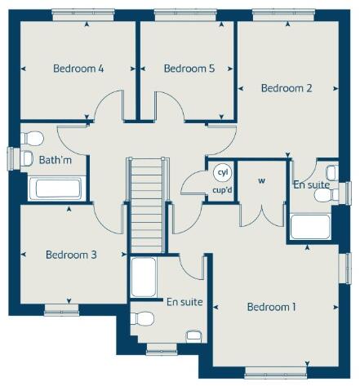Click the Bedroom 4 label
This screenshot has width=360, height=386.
(78, 69)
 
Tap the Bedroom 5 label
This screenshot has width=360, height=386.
(189, 69)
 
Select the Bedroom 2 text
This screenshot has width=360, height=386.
(287, 88)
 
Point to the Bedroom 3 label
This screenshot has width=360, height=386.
(71, 255)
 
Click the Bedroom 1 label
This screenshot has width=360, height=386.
(272, 307)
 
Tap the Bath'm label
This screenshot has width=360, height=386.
(55, 161)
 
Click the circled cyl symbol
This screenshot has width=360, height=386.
(222, 173)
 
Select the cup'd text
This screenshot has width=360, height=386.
(222, 191)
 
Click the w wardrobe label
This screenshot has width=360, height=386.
(262, 180)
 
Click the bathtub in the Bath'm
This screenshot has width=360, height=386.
(56, 189)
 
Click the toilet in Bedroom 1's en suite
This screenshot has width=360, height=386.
(144, 318)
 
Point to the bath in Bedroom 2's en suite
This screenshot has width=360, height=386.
(310, 227)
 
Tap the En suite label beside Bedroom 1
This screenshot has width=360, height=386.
(184, 302)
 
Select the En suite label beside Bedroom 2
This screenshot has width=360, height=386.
(311, 185)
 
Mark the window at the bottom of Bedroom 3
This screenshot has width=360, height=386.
(61, 308)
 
